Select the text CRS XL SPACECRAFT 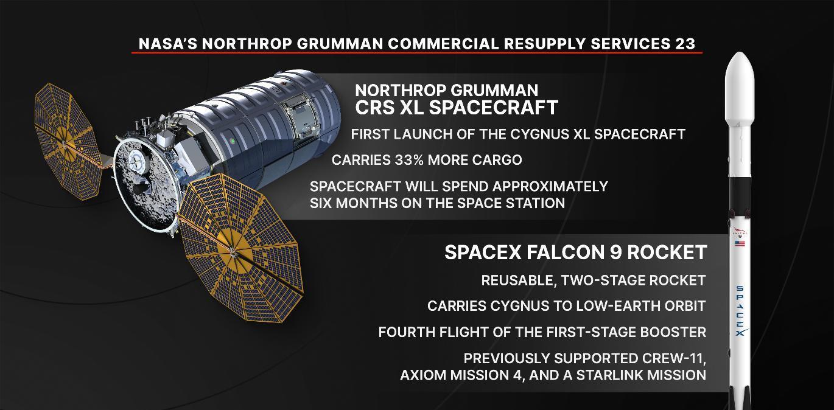[457, 108]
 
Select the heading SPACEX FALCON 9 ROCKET [576, 252]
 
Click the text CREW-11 [673, 359]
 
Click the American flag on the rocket [740, 244]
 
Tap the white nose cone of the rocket [740, 89]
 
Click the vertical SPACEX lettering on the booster [740, 311]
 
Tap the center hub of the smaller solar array [64, 142]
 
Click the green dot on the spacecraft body [233, 141]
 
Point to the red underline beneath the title [417, 53]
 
